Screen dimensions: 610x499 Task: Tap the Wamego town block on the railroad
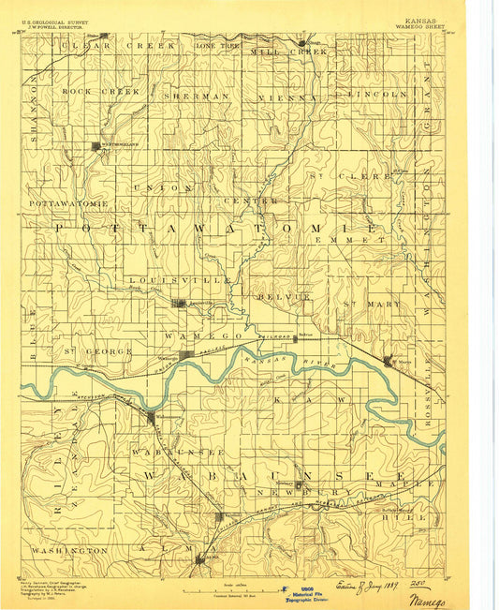click(187, 355)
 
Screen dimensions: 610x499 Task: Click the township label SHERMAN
click(196, 96)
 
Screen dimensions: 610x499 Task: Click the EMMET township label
click(339, 240)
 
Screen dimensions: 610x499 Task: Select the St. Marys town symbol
click(389, 360)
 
